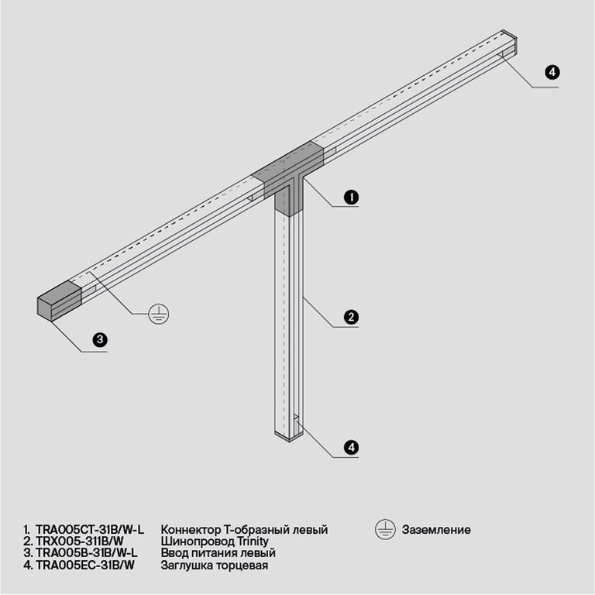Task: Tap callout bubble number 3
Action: (x=99, y=339)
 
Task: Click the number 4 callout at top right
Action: (x=552, y=73)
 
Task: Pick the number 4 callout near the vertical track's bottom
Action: (x=351, y=447)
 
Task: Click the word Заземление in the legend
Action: (x=436, y=530)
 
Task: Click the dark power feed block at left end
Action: (x=59, y=300)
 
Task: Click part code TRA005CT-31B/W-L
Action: (x=90, y=529)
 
